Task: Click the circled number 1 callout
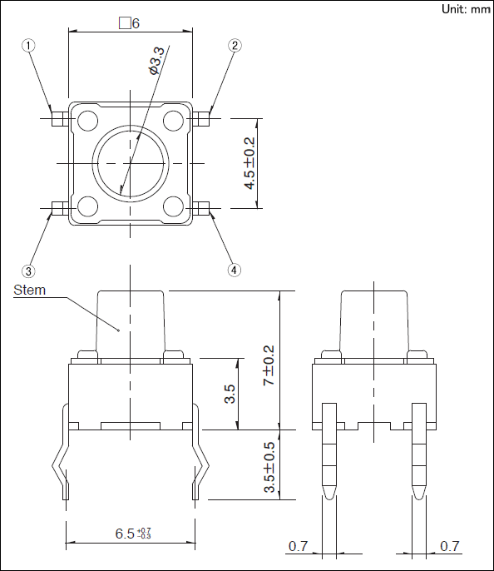(x=28, y=46)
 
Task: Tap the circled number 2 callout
(x=235, y=46)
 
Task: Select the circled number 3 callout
(x=28, y=271)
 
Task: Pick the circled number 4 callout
(x=234, y=271)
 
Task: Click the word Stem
(x=29, y=290)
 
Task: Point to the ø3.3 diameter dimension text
(x=156, y=61)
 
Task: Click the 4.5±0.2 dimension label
(x=249, y=163)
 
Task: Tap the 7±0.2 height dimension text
(x=269, y=365)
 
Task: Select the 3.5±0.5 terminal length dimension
(x=269, y=467)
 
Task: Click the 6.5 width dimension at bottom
(x=133, y=534)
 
